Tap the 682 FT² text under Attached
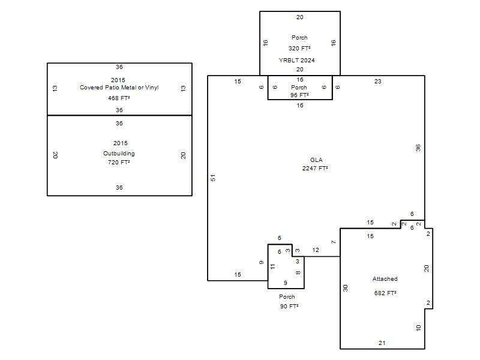[x=385, y=293]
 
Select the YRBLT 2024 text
[x=296, y=61]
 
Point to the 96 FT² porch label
[x=299, y=95]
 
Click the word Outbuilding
[x=119, y=154]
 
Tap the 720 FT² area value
[x=119, y=162]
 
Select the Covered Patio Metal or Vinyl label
[x=119, y=88]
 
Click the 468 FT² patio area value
[x=119, y=98]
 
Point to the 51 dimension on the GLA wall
[x=212, y=178]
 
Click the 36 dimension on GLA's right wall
[x=418, y=148]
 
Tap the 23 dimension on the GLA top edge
[x=377, y=81]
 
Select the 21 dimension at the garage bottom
[x=382, y=343]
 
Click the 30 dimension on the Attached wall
[x=346, y=288]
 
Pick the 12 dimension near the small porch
[x=316, y=250]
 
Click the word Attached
[x=385, y=279]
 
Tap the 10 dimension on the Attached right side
[x=418, y=328]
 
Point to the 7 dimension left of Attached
[x=334, y=242]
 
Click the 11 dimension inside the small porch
[x=272, y=266]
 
